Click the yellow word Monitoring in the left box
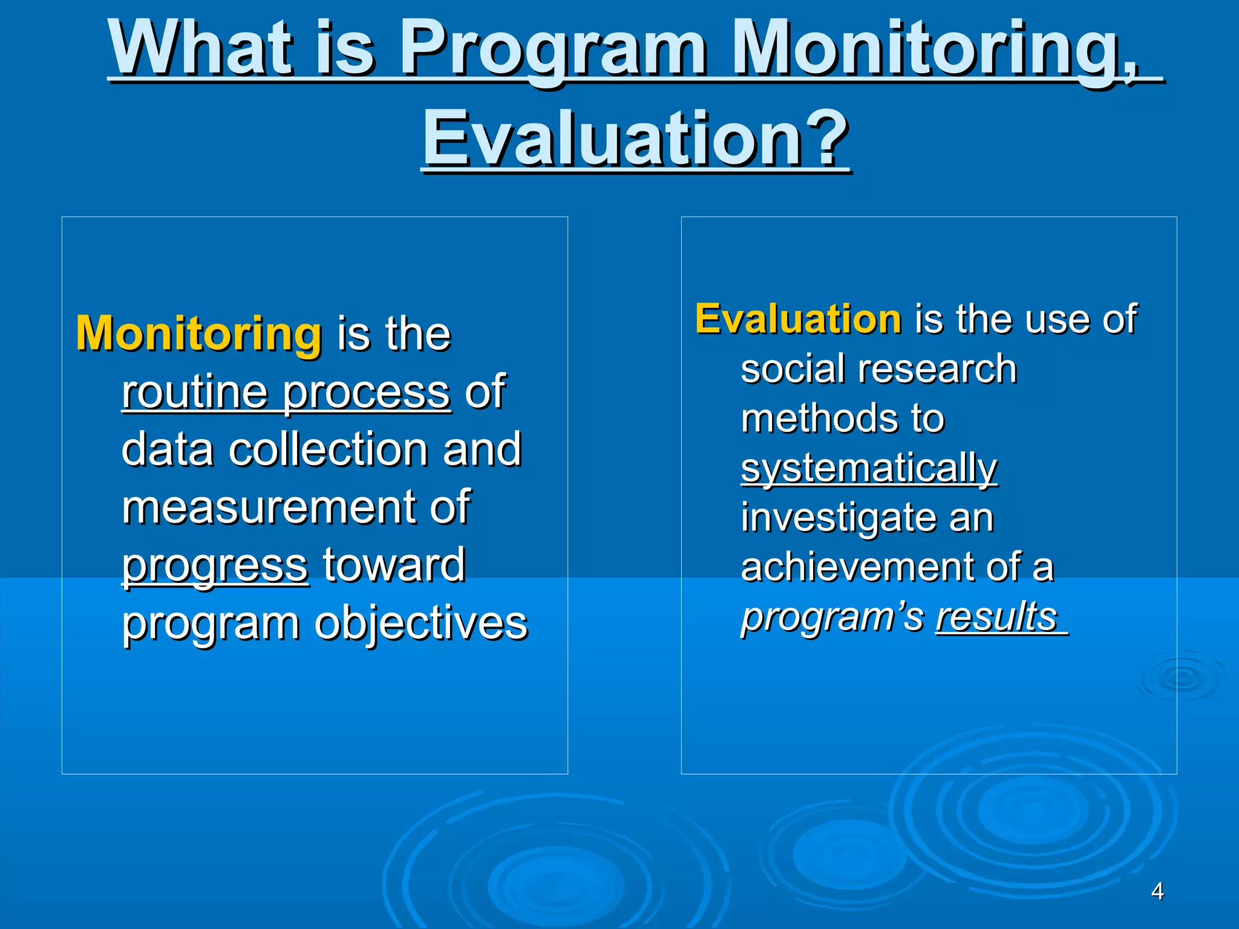tap(198, 334)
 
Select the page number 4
tap(1157, 891)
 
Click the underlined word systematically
tap(869, 469)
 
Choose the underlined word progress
tap(215, 566)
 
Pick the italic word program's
tap(832, 617)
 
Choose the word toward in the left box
tap(394, 565)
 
